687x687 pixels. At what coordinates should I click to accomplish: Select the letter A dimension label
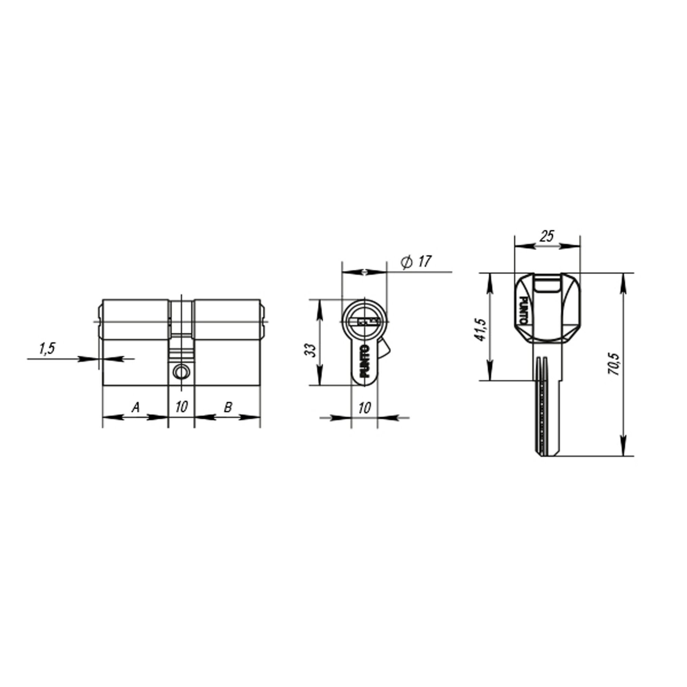pos(135,407)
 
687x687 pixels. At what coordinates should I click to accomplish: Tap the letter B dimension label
pos(228,407)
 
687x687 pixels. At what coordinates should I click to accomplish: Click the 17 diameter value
pos(424,262)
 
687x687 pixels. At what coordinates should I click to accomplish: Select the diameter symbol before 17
pos(406,262)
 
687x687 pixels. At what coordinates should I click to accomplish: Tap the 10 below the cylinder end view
pos(364,408)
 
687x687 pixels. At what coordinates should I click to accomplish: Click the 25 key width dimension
pos(547,236)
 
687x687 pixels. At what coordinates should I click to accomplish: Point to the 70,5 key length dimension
pos(614,364)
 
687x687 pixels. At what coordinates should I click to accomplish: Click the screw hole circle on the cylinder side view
pos(181,372)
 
